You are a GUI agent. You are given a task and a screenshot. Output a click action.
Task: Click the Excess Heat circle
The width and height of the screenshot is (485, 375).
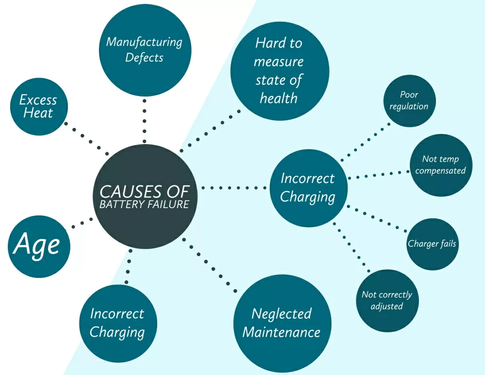pos(39,107)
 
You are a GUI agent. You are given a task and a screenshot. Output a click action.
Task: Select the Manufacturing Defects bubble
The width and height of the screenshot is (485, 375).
pos(145,50)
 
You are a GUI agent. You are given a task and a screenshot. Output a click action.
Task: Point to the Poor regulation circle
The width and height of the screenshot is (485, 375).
pos(409,101)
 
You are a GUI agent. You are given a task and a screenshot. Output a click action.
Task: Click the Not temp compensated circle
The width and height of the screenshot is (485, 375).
pos(440,165)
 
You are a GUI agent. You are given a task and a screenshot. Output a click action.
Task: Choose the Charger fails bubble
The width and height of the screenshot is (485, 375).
pos(432,244)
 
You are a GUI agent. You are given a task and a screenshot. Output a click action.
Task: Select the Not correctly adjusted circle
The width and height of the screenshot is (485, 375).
pos(387,300)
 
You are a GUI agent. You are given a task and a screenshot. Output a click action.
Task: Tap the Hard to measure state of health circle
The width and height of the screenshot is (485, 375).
pos(279,70)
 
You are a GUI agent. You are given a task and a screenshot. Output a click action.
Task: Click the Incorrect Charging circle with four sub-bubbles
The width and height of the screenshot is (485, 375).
pos(308,188)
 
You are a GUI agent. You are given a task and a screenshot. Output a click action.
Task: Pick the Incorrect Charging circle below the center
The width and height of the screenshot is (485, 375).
pos(117,323)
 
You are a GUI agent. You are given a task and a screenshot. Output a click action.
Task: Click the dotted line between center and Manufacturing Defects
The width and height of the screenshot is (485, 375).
pos(145,121)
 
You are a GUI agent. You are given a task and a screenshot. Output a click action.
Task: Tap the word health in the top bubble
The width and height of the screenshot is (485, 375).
pos(278,98)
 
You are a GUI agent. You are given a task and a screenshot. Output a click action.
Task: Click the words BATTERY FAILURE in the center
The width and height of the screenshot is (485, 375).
pos(144,204)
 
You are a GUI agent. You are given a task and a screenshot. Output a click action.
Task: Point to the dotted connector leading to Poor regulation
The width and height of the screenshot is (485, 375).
pos(366,141)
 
